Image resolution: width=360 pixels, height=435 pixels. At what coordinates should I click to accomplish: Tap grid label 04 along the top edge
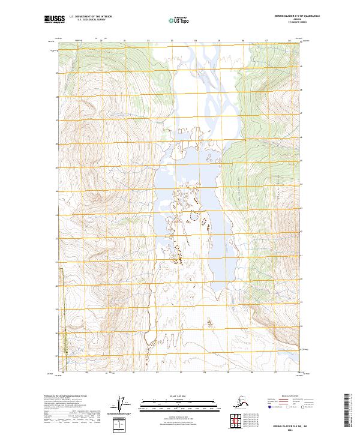click(195, 41)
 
